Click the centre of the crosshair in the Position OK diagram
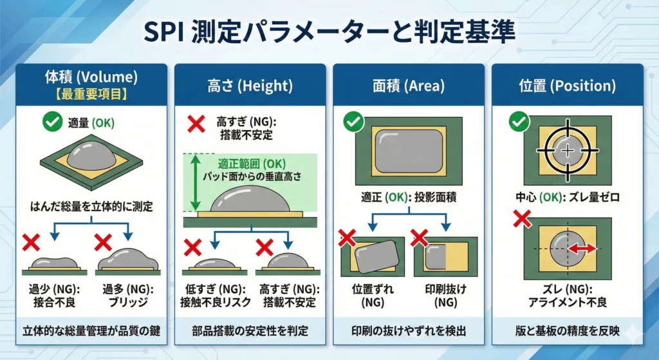(x=568, y=150)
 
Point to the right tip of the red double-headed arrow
(x=597, y=249)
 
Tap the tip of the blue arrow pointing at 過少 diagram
(x=54, y=240)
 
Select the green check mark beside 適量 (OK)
(x=53, y=122)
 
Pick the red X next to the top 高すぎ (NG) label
(x=196, y=124)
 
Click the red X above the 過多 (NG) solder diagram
(x=103, y=242)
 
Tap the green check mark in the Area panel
(x=354, y=122)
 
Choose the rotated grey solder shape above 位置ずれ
(x=376, y=257)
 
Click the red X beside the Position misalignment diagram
(x=522, y=219)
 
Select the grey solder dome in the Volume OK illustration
(x=91, y=155)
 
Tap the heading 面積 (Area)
(x=409, y=86)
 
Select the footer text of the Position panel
(x=568, y=331)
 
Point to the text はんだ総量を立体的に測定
(x=91, y=207)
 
